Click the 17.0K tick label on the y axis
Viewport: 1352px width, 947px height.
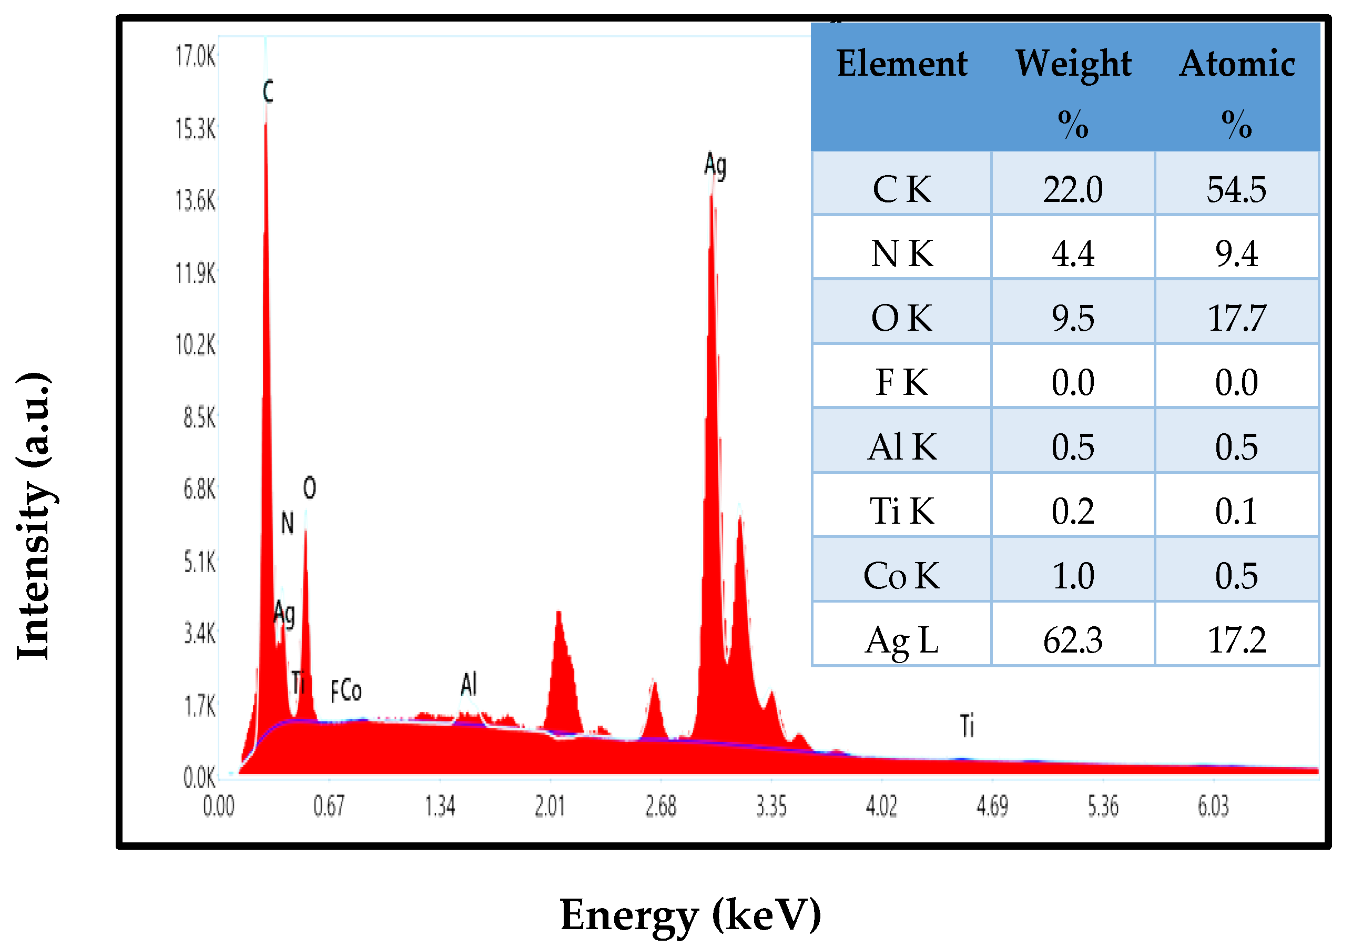point(196,57)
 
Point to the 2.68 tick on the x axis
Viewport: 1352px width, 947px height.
point(660,806)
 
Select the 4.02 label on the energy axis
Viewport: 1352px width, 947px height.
point(881,806)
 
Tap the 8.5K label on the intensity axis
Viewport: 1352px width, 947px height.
point(199,418)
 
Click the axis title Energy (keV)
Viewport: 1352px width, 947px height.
point(690,914)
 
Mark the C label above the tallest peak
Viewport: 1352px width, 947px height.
point(268,92)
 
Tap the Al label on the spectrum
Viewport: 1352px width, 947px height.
point(469,684)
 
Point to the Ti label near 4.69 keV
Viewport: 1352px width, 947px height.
point(967,726)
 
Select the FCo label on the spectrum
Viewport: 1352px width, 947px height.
point(345,691)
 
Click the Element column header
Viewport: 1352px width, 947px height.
point(901,64)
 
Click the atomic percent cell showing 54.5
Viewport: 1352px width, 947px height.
point(1236,190)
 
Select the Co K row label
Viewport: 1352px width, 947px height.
point(901,576)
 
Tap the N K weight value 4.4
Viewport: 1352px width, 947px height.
point(1072,254)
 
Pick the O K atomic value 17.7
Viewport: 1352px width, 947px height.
point(1236,319)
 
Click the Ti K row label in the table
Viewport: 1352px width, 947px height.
point(901,511)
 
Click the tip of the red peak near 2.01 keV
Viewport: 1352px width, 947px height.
point(558,613)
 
